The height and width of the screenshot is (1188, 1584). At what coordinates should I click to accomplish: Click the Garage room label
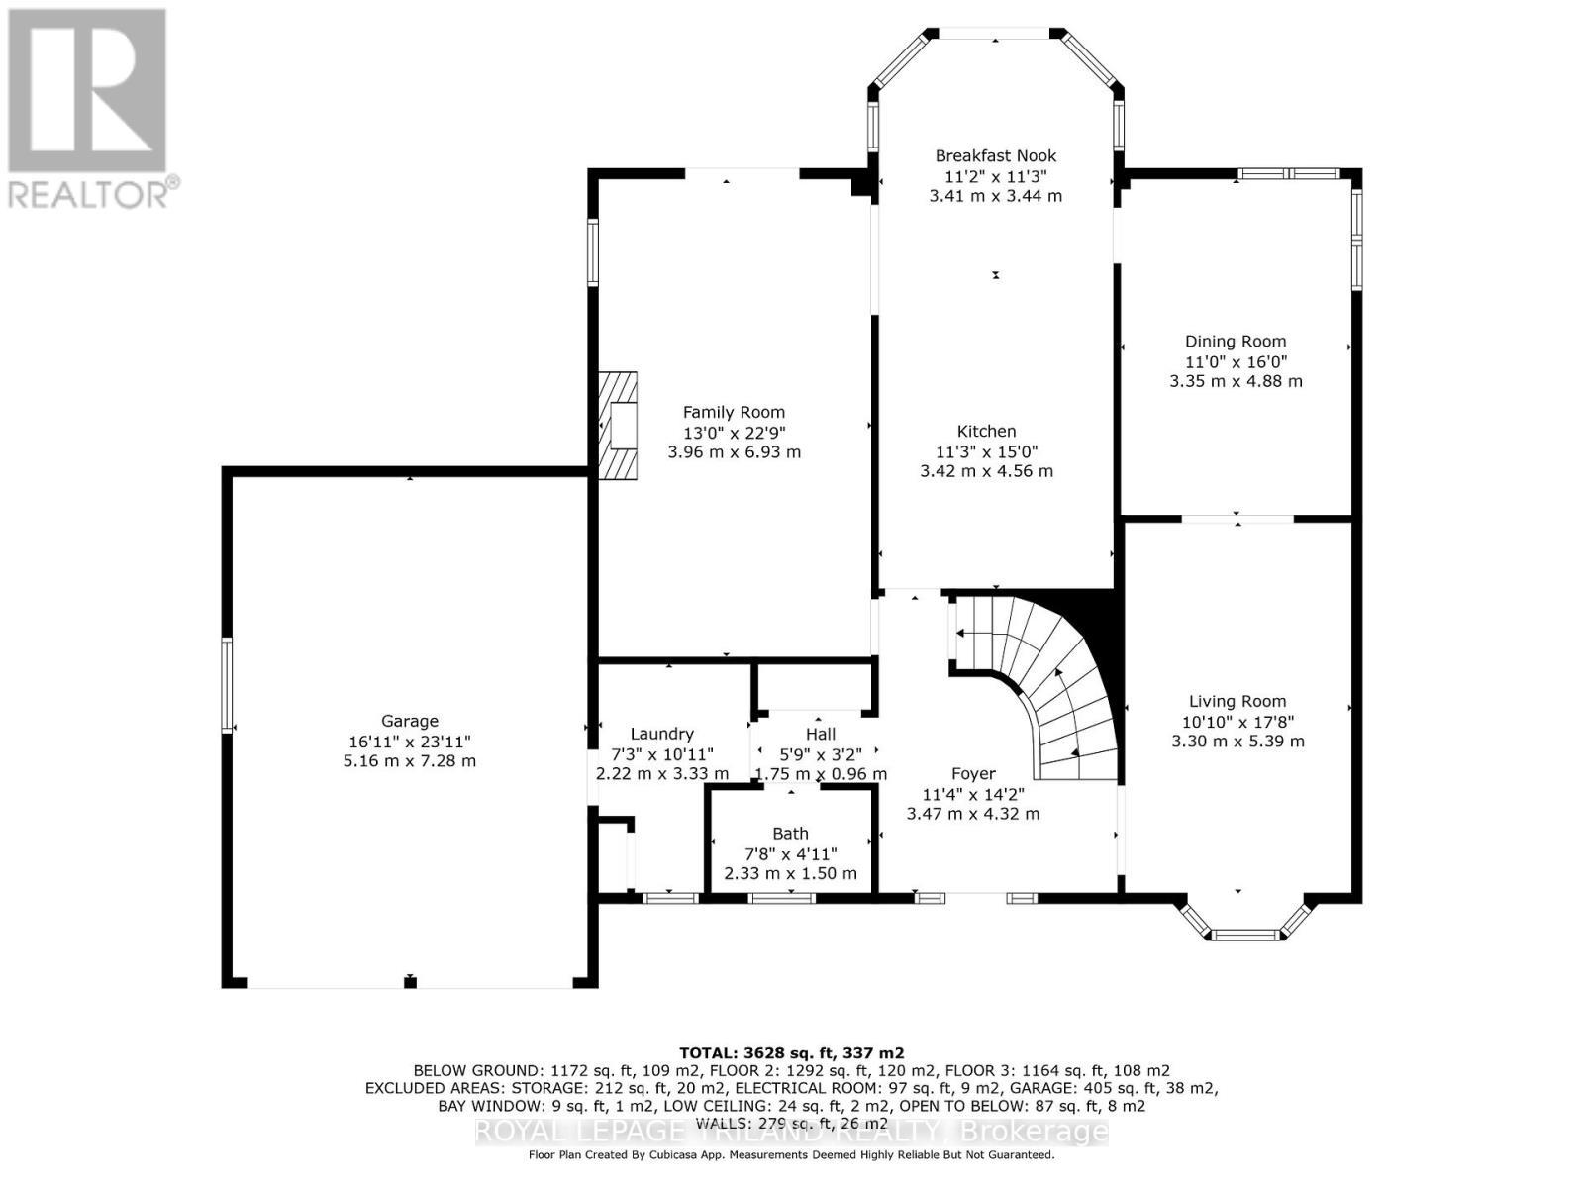(x=409, y=721)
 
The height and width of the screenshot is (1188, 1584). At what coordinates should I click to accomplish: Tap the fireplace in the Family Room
(x=617, y=426)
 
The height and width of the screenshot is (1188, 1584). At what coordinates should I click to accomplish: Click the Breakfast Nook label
(x=995, y=155)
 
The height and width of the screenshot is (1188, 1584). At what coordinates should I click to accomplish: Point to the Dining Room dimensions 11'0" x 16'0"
(x=1236, y=361)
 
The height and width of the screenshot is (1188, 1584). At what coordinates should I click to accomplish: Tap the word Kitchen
(x=986, y=431)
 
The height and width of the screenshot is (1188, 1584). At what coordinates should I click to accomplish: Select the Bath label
(x=790, y=834)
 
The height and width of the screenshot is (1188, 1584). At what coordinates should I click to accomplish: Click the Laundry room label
(x=661, y=734)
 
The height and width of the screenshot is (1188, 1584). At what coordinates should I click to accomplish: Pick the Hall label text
(x=820, y=734)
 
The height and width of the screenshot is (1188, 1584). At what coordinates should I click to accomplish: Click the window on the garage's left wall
(x=227, y=685)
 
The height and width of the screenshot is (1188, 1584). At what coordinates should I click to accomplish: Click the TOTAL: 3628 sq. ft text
(x=791, y=1052)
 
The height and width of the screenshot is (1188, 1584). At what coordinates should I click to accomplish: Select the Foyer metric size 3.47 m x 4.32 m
(x=972, y=814)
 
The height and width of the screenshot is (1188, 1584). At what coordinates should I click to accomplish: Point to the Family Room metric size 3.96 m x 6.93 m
(x=734, y=452)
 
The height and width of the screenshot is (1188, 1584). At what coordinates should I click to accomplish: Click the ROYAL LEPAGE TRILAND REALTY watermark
(x=791, y=1131)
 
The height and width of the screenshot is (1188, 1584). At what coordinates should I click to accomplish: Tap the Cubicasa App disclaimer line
(x=791, y=1155)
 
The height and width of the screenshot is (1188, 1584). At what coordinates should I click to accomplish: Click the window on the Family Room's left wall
(x=593, y=252)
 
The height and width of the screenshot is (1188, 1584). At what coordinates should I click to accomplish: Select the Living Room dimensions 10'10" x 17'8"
(x=1237, y=722)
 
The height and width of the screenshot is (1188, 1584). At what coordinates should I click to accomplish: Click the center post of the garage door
(x=410, y=982)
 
